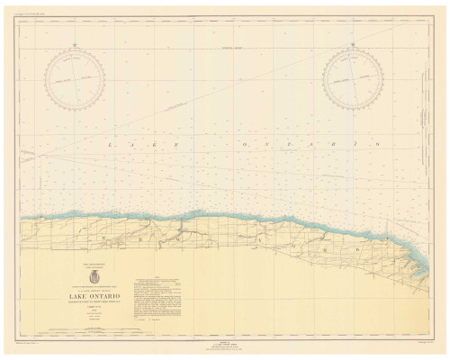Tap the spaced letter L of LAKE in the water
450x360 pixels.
pyautogui.click(x=110, y=144)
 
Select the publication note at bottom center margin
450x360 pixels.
pyautogui.click(x=225, y=347)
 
